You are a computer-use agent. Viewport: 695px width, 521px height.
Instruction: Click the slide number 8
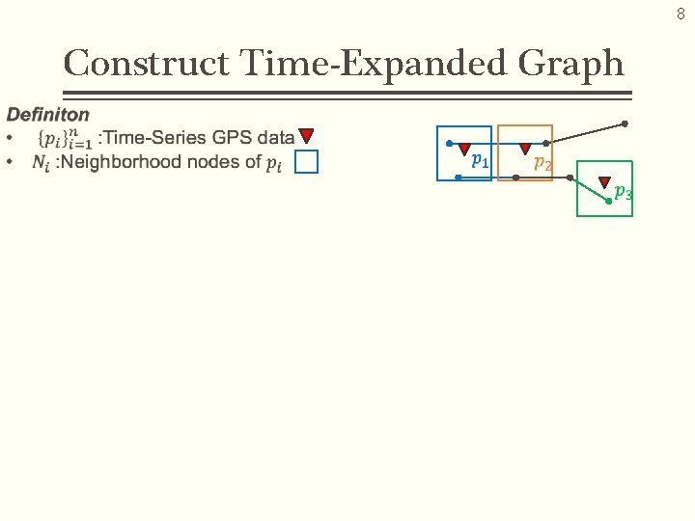point(680,14)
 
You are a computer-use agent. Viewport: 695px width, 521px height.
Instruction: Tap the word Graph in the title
point(570,65)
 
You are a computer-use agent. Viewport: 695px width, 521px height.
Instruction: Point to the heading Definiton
point(48,115)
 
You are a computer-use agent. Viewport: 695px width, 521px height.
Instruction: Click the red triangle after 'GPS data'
point(306,136)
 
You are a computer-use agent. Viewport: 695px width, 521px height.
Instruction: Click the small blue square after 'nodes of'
point(306,162)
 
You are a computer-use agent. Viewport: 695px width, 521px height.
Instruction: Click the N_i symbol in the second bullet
point(41,163)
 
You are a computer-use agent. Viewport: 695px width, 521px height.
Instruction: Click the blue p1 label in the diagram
point(480,159)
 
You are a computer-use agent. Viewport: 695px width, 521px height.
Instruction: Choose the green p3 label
point(624,192)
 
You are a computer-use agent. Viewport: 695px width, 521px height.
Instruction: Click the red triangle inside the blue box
point(464,150)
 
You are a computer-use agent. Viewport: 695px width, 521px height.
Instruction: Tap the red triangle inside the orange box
point(525,150)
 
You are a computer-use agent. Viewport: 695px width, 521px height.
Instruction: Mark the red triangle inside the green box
point(604,181)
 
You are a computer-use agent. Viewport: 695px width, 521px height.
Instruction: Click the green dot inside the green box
point(608,202)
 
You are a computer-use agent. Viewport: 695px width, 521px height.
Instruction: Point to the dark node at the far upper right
point(625,123)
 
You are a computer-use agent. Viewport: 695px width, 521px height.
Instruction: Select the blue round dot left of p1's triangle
point(449,144)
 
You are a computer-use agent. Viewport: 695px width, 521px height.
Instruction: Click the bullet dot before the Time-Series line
point(11,138)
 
